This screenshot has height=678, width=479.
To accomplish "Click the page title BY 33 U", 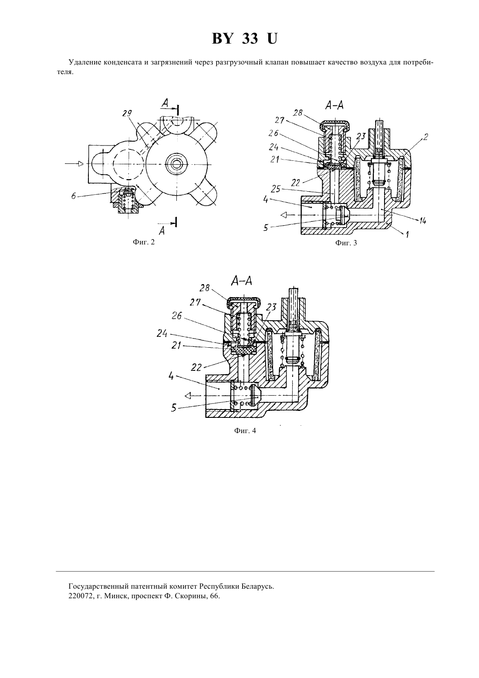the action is point(244,39).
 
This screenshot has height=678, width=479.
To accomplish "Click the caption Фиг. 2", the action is point(144,242).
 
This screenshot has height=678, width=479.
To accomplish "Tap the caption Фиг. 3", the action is point(346,243).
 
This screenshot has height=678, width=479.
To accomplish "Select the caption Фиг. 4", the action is point(245,431).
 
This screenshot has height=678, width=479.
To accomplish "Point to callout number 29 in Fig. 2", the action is point(127,113).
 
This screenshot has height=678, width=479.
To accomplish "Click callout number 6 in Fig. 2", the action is point(74,196).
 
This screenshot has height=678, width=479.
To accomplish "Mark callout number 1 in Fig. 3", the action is point(408,234).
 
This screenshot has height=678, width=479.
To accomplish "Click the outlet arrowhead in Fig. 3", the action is point(283,215).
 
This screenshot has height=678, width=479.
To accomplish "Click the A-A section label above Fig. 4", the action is point(241,281).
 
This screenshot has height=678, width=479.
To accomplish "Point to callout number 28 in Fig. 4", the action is point(205,288).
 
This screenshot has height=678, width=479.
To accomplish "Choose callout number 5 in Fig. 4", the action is point(174,408).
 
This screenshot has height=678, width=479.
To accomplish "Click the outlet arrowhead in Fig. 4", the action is point(188,396).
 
